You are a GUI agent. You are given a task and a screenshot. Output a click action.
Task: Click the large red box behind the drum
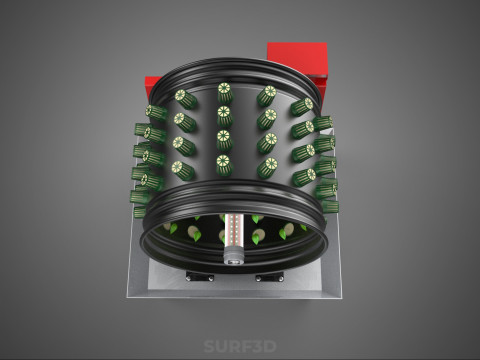point(297,59)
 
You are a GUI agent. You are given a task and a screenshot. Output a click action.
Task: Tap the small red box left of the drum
point(152,87)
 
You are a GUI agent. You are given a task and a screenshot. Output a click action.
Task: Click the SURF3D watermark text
point(240,346)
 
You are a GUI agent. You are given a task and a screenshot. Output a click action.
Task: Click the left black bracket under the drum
point(200,276)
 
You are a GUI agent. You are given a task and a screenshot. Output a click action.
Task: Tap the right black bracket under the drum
point(269,276)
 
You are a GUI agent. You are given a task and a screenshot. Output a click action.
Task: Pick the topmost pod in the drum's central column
point(225,92)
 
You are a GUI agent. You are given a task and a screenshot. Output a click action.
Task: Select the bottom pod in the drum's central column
point(223,165)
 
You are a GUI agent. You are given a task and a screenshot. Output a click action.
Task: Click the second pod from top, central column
point(225,116)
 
